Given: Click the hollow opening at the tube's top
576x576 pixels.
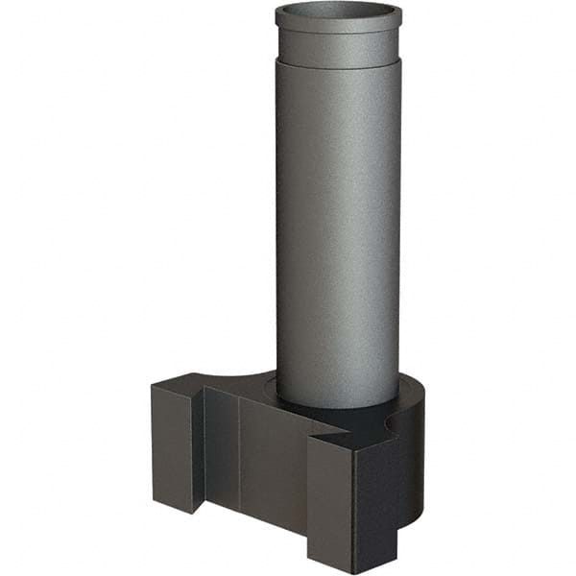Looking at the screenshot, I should point(338,13).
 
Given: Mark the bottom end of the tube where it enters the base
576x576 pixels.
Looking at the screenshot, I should point(338,401).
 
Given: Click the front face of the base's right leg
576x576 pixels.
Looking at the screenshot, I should point(330,504).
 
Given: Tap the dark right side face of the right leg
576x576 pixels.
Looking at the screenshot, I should point(374,499).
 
